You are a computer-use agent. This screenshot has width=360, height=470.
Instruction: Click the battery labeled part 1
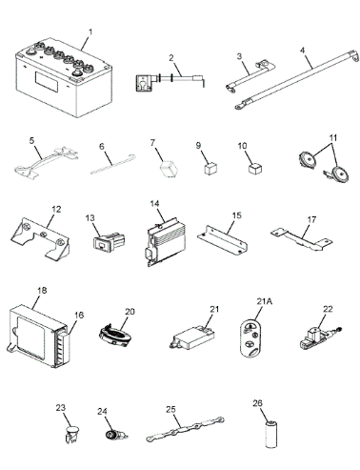[x=64, y=78]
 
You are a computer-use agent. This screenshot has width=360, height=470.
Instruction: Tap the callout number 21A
[x=265, y=301]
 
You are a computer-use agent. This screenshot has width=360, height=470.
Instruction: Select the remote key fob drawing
[x=250, y=338]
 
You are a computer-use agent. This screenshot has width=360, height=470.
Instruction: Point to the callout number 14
[x=154, y=204]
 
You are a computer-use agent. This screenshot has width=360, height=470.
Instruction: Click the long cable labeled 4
[x=297, y=80]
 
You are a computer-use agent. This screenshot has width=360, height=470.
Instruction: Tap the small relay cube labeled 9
[x=210, y=168]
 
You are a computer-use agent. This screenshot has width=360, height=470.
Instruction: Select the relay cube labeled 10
[x=255, y=168]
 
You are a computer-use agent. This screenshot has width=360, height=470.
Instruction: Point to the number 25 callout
[x=170, y=409]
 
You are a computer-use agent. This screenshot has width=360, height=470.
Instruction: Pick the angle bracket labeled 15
[x=222, y=240]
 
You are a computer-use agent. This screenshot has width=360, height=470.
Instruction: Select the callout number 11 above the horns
[x=333, y=138]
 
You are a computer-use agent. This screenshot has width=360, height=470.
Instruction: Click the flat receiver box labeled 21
[x=193, y=337]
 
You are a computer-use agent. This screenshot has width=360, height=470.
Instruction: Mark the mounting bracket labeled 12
[x=40, y=239]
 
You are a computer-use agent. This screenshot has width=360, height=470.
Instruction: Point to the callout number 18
[x=42, y=290]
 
